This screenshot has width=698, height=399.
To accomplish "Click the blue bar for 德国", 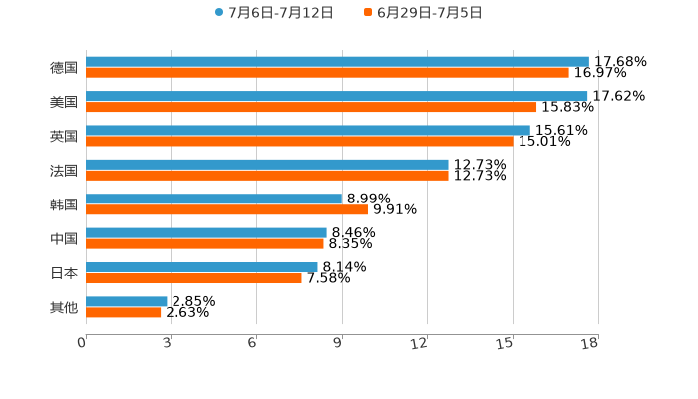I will pyautogui.click(x=337, y=62).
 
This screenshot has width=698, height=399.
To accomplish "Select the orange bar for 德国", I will pyautogui.click(x=327, y=73).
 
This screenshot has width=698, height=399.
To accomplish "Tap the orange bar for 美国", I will pyautogui.click(x=311, y=107).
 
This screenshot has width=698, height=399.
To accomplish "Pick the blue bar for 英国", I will pyautogui.click(x=308, y=130).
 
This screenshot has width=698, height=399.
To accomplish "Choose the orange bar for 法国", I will pyautogui.click(x=267, y=176).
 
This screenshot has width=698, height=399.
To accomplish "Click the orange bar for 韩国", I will pyautogui.click(x=226, y=209).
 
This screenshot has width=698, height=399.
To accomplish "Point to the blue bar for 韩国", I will pyautogui.click(x=214, y=199).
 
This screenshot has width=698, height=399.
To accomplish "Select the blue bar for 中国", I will pyautogui.click(x=206, y=233).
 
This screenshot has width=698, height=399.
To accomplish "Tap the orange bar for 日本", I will pyautogui.click(x=193, y=278).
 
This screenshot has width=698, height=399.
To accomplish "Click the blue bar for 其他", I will pyautogui.click(x=127, y=301).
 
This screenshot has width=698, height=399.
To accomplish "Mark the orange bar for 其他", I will pyautogui.click(x=124, y=312).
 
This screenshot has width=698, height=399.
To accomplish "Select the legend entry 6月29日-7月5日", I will pyautogui.click(x=423, y=13).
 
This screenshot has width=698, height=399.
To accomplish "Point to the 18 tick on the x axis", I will pyautogui.click(x=590, y=344).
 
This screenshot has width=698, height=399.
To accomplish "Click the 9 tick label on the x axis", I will pyautogui.click(x=338, y=344).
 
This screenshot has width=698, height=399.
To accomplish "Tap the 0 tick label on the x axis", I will pyautogui.click(x=82, y=344).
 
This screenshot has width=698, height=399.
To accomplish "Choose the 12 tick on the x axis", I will pyautogui.click(x=420, y=344).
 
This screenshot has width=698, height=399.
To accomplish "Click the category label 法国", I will pyautogui.click(x=64, y=171).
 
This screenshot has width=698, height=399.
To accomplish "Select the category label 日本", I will pyautogui.click(x=64, y=273).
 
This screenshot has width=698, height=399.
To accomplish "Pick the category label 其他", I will pyautogui.click(x=64, y=307).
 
